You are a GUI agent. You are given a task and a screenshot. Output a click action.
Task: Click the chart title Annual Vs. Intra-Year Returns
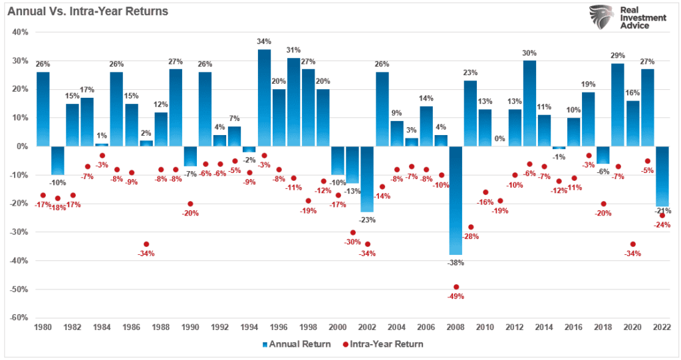point(87,11)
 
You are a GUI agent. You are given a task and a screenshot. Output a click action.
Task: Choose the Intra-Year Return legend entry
point(384,344)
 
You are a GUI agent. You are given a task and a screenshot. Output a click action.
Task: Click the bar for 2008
point(456,200)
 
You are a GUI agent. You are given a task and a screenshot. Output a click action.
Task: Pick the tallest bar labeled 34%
point(264,97)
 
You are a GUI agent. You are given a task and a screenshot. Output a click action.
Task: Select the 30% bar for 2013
point(529,103)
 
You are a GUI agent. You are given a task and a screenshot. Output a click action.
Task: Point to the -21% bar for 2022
point(662,176)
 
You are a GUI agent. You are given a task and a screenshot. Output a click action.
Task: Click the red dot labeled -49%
point(456,287)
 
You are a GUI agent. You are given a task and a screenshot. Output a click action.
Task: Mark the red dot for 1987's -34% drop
point(146,244)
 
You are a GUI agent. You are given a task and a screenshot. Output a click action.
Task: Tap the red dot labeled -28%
point(470,227)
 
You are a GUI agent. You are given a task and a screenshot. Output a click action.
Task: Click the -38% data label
point(456,263)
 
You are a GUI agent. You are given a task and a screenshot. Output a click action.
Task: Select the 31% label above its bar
point(293,50)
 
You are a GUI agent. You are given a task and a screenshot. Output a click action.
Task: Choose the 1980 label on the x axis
point(43,327)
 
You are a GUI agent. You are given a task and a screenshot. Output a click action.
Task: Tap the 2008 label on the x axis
point(456,327)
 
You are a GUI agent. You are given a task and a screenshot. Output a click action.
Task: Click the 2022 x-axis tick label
point(662,327)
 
